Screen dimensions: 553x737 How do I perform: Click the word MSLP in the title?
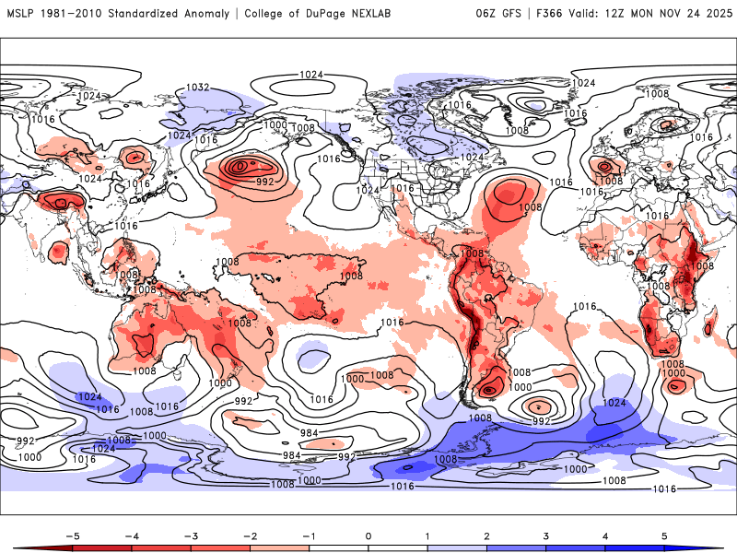(x=22, y=14)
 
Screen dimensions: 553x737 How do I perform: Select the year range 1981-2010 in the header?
(x=76, y=14)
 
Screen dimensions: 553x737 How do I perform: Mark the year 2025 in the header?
(x=714, y=14)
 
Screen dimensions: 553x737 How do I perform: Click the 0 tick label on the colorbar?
(x=368, y=535)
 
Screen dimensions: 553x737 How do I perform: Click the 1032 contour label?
(x=198, y=88)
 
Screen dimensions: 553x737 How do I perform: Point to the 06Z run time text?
(x=485, y=14)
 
